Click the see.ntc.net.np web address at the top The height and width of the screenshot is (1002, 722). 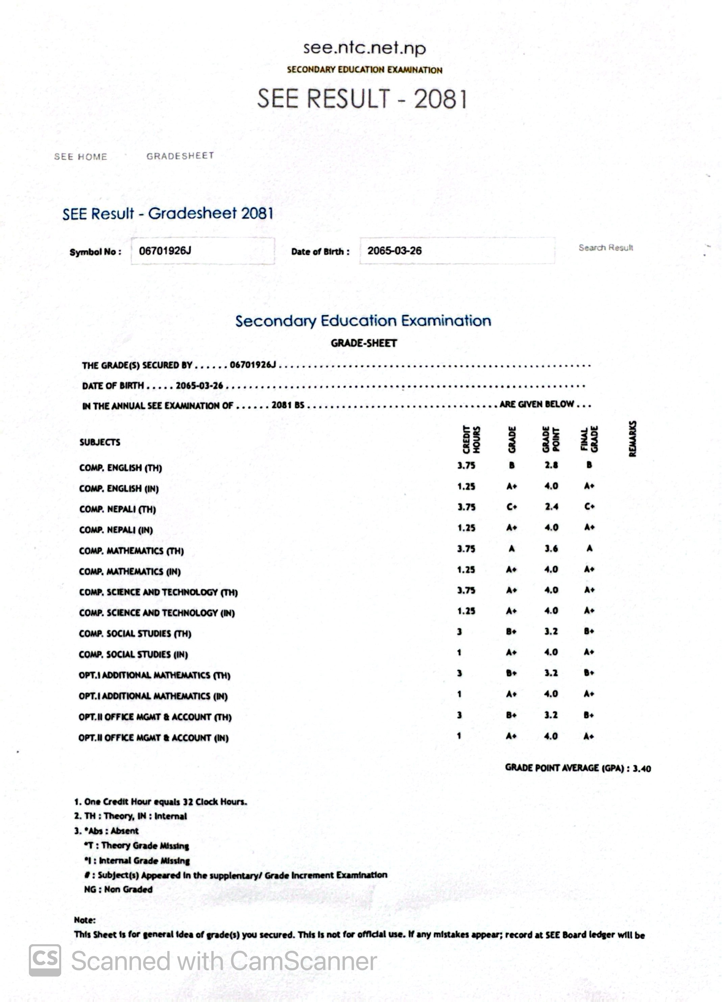coord(364,48)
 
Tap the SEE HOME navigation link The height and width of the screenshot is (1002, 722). coord(80,157)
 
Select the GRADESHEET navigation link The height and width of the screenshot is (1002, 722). coord(180,156)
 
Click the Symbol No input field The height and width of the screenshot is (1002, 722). coord(202,251)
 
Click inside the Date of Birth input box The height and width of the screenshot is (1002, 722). coord(457,251)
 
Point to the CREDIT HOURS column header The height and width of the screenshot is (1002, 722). coord(471,439)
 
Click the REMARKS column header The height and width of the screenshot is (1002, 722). coord(632,439)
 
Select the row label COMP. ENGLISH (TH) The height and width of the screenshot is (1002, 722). coord(121,468)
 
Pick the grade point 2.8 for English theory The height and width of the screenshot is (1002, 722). coord(551,465)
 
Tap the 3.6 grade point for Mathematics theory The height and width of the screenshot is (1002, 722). coord(551,549)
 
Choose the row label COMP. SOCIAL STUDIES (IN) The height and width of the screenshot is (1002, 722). coord(133,654)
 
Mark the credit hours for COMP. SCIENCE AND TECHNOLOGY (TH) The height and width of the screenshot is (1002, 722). coord(466,590)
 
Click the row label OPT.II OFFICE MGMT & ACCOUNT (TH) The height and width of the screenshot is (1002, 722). coord(155,717)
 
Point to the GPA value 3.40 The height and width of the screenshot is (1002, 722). coord(642,769)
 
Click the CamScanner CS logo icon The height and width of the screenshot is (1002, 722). coord(45,960)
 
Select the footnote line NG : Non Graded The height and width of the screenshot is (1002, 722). coord(118,889)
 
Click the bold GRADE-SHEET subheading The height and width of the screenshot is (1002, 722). coord(364,343)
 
